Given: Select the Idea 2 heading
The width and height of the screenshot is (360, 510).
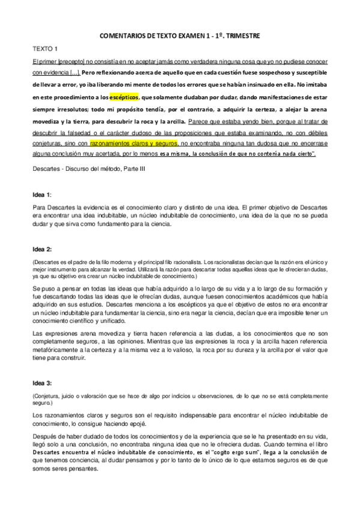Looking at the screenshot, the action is tap(42, 248).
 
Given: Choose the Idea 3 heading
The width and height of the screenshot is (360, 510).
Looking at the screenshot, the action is tap(42, 383).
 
